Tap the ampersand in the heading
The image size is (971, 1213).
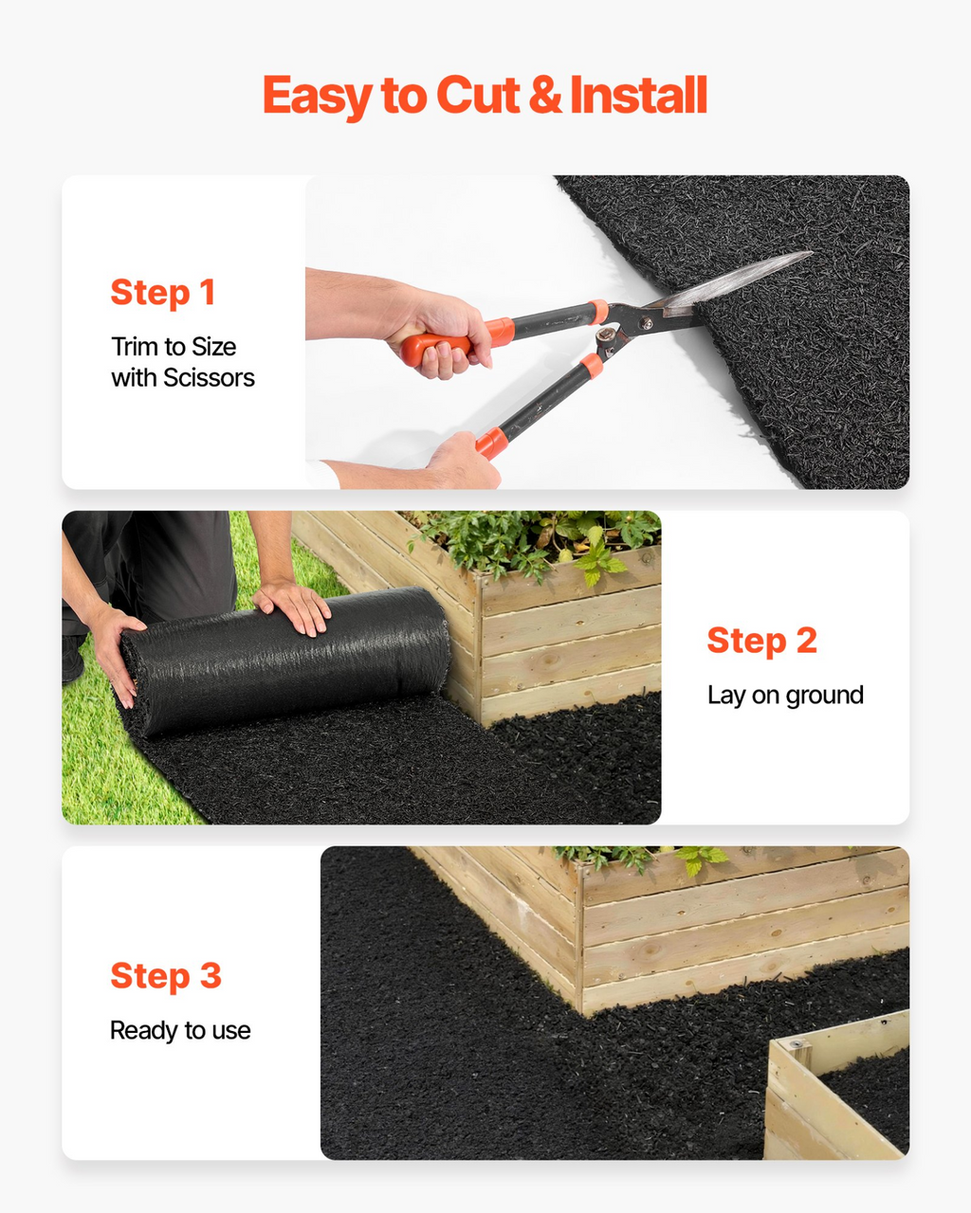(x=545, y=95)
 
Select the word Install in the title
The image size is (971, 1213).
(x=638, y=94)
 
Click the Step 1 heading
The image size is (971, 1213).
(x=162, y=293)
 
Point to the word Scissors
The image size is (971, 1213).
(x=209, y=378)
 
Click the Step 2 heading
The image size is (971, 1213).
(x=761, y=641)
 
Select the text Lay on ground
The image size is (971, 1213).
(x=785, y=696)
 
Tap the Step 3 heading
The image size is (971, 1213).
(x=166, y=975)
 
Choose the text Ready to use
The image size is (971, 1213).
(x=180, y=1030)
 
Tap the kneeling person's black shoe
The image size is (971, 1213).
(x=73, y=659)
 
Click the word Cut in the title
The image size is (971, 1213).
(x=477, y=95)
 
